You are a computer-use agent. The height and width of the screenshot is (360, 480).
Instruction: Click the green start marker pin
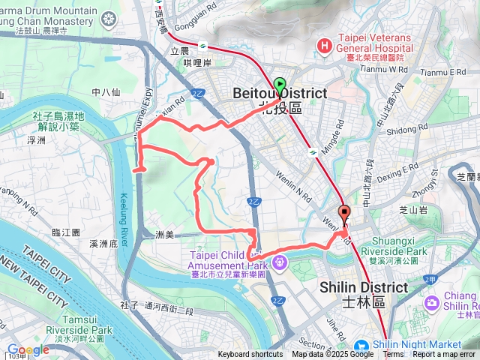(280, 87)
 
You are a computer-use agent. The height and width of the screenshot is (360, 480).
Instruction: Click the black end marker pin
(344, 214)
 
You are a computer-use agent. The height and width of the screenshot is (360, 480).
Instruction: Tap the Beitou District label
(280, 93)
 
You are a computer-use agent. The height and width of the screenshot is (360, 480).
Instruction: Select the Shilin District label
(364, 287)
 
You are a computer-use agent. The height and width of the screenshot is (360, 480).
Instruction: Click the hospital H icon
(324, 46)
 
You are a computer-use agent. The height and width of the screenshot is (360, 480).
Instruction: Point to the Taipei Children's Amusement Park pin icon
(280, 262)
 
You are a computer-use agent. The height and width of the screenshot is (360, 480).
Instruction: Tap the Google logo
(28, 349)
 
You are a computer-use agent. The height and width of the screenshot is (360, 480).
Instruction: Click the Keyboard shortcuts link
(250, 355)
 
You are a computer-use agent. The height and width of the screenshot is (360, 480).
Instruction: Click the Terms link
(393, 355)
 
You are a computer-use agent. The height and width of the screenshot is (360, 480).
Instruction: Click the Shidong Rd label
(401, 130)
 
